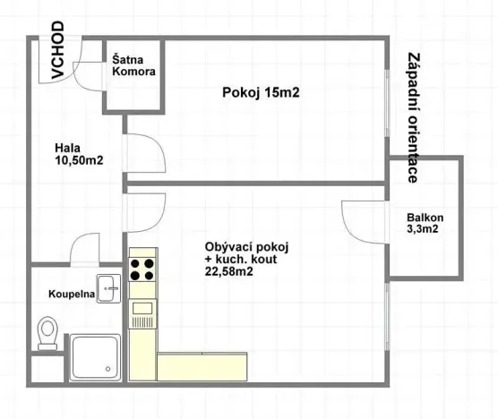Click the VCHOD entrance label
[x=56, y=53]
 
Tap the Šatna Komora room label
[x=133, y=66]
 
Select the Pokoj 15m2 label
[x=259, y=91]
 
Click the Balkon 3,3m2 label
[x=425, y=223]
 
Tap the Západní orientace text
[x=413, y=116]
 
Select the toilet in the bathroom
[x=50, y=335]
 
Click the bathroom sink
[x=109, y=287]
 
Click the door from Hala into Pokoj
[x=143, y=152]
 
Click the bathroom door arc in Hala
[x=90, y=248]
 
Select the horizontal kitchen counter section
[x=202, y=365]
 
